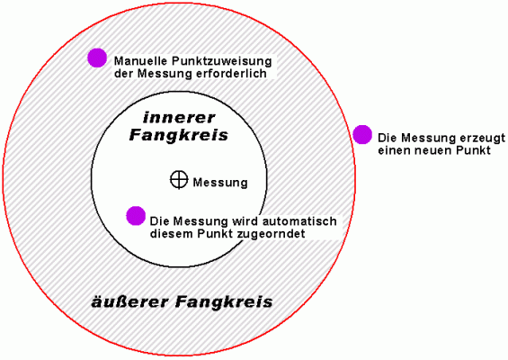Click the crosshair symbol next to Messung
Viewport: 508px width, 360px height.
[179, 179]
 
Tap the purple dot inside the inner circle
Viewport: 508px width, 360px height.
[136, 215]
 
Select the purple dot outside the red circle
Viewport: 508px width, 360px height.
[362, 134]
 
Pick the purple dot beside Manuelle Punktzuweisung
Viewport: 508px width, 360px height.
[97, 58]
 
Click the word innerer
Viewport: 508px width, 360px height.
[179, 118]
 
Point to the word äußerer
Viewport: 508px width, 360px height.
[129, 301]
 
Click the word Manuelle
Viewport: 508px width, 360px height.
[140, 61]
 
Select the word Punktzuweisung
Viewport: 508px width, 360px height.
[222, 61]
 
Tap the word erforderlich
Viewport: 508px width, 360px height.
[231, 74]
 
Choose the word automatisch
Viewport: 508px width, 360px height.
[299, 221]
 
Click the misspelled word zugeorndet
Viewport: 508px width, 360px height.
[271, 234]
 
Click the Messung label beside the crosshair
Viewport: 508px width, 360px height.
[220, 183]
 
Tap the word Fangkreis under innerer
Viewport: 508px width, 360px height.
[179, 135]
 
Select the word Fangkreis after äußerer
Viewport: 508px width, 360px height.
[224, 301]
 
